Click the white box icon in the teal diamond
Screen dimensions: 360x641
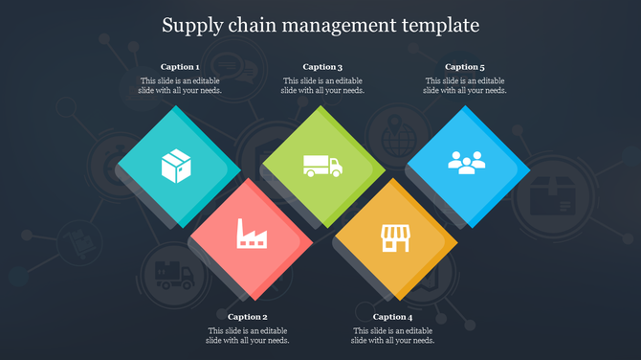177,167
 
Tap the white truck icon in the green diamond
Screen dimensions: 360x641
321,166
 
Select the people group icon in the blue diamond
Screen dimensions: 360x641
466,162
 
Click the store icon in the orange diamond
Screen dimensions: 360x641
394,237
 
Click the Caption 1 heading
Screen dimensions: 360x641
180,67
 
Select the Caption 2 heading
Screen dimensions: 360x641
248,317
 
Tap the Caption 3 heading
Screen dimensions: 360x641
322,67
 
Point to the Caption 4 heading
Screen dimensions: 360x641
392,317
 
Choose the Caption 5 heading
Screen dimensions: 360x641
465,67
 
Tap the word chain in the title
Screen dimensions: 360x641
255,23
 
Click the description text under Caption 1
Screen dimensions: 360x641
180,86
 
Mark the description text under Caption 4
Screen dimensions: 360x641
392,335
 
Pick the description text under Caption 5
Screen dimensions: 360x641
465,86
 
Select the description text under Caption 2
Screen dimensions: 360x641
248,335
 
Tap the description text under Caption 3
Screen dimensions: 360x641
322,86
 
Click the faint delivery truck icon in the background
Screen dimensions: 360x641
172,275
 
